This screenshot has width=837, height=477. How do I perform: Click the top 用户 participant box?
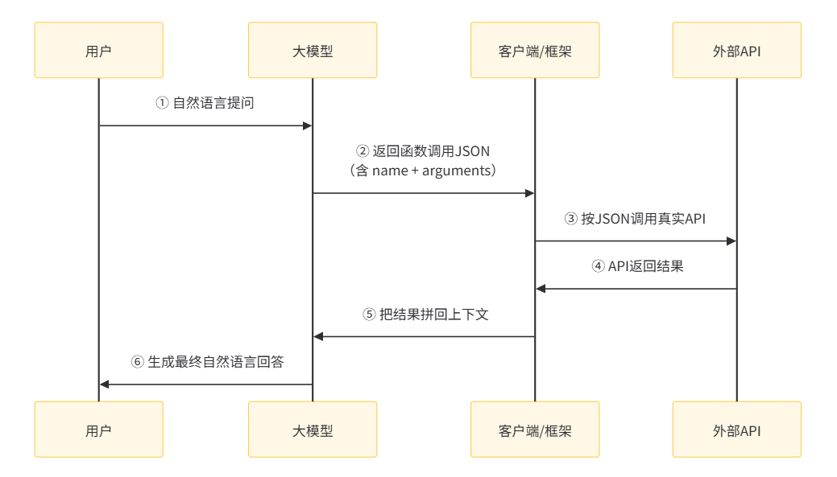tap(98, 50)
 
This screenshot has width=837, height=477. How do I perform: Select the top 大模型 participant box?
tap(313, 50)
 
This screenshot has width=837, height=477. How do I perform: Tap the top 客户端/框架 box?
tap(535, 50)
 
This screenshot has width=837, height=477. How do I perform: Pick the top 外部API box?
tap(736, 50)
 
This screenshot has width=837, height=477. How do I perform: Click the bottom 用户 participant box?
tap(98, 430)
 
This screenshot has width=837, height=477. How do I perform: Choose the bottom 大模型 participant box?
tap(313, 430)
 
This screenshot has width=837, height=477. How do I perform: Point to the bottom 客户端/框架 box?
tap(535, 430)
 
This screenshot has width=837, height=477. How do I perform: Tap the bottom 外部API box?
tap(736, 430)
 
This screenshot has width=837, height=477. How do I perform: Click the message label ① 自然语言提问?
tap(205, 103)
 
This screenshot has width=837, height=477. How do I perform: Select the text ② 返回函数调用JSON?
tap(424, 150)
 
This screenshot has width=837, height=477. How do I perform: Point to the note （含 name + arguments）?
tap(424, 171)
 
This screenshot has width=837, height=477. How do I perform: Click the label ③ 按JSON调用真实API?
tap(636, 218)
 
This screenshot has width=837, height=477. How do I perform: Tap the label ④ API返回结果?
tap(636, 265)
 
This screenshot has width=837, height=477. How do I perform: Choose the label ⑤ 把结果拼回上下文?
tap(424, 314)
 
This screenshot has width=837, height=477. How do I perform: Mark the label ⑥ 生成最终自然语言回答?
tap(207, 362)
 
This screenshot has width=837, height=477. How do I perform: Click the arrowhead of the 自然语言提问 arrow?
tap(307, 125)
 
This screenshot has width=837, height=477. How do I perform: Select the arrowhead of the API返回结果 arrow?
tap(541, 288)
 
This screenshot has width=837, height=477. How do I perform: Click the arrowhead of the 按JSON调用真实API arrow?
tap(731, 241)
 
